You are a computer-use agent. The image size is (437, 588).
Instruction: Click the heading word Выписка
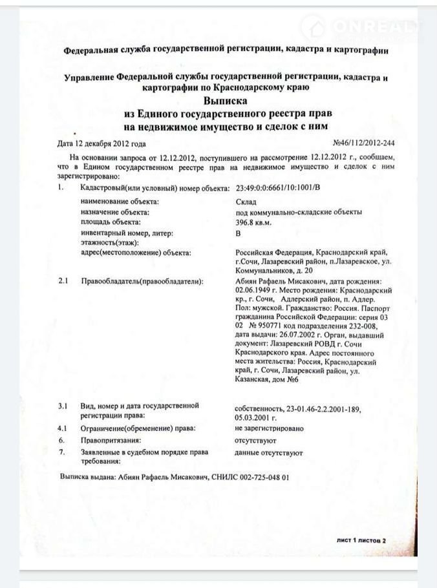point(226,101)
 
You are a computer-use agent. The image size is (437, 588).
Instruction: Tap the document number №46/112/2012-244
point(363,143)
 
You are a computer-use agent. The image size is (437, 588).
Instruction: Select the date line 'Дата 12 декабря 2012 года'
point(101,144)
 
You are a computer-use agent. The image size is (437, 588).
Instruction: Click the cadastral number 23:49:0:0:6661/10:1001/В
point(278,188)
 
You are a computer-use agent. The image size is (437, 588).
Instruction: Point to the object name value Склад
point(244,202)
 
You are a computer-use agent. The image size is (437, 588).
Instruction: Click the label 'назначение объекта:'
point(115,212)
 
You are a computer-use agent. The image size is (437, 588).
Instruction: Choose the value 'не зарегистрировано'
point(270,428)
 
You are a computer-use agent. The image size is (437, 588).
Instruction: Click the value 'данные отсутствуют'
point(269,453)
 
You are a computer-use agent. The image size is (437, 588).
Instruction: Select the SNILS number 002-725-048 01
point(257,477)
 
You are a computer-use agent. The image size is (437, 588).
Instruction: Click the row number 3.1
point(63,406)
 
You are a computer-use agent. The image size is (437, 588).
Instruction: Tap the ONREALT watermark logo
point(366,27)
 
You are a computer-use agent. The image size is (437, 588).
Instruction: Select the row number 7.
point(61,452)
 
